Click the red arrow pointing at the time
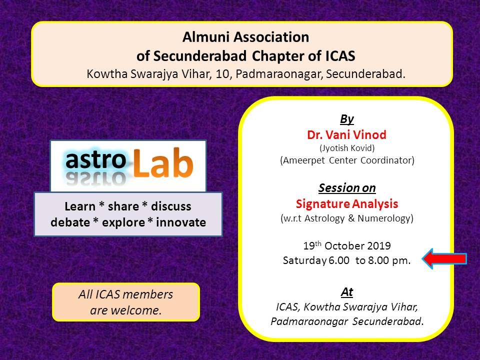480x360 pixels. coord(444,259)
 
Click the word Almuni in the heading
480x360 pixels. coord(206,37)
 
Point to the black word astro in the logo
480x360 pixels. coord(96,160)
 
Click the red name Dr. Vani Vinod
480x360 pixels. coord(347,134)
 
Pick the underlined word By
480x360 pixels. coord(347,119)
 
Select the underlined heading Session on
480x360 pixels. coord(347,188)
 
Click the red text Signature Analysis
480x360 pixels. coord(347,204)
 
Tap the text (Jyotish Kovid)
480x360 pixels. coord(347,148)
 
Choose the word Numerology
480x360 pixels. coord(385,218)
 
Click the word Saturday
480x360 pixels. coord(304,260)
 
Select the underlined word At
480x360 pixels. coord(347,292)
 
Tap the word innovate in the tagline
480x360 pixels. coord(181,222)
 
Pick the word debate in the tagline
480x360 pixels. coord(70,222)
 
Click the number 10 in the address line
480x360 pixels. coord(222,74)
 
